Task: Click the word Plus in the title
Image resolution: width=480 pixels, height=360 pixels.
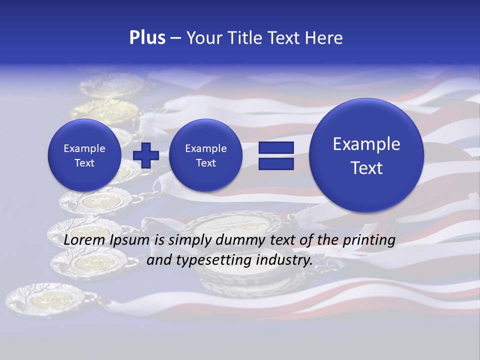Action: [x=147, y=38]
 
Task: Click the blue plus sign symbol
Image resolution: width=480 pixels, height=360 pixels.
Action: [x=146, y=155]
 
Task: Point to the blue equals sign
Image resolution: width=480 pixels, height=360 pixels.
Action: [x=276, y=155]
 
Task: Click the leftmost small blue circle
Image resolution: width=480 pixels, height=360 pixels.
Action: [x=84, y=155]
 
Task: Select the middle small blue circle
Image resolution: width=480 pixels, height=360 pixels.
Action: [x=206, y=155]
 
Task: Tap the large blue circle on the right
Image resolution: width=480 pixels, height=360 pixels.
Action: [x=366, y=155]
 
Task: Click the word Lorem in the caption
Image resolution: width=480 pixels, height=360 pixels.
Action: [x=82, y=240]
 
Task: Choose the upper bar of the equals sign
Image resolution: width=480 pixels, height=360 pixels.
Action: [x=276, y=147]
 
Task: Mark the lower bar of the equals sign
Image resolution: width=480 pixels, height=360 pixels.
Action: [x=276, y=163]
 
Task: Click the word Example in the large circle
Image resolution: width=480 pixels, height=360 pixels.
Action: [x=366, y=144]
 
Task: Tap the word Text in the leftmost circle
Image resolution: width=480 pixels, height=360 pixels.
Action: [x=84, y=163]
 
